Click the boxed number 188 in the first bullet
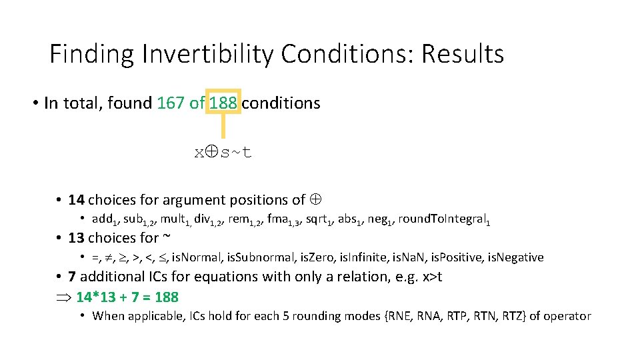click(223, 103)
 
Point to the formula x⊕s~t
click(223, 153)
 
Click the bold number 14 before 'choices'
click(76, 199)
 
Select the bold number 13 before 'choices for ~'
click(76, 238)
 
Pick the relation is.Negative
click(514, 257)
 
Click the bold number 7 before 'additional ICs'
click(72, 277)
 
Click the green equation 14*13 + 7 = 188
click(127, 297)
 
